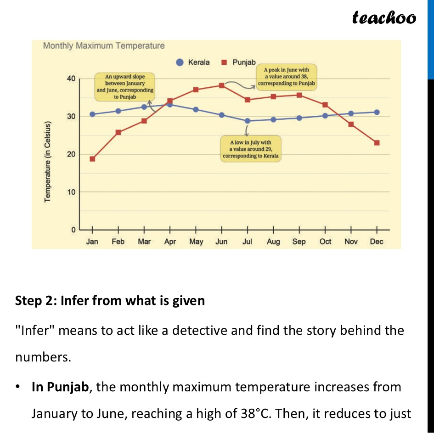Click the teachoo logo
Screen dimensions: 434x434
click(383, 17)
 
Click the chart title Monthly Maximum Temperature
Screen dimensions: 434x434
click(103, 46)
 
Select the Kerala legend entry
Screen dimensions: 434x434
click(194, 62)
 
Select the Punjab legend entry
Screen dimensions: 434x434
click(239, 62)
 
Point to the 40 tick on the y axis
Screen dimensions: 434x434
click(71, 79)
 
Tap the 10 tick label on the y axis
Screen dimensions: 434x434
click(71, 192)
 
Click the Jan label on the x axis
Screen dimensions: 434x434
click(92, 242)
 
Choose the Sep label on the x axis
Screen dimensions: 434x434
click(299, 242)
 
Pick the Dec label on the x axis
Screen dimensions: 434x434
click(377, 242)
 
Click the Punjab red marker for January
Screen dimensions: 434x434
click(92, 159)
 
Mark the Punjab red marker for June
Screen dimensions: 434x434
click(221, 85)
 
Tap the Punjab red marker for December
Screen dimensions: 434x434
click(377, 143)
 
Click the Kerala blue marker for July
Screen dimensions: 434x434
click(248, 121)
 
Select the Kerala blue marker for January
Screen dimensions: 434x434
click(92, 114)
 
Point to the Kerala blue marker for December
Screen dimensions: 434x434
click(377, 112)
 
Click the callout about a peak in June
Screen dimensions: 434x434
click(286, 77)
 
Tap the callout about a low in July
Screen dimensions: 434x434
click(251, 149)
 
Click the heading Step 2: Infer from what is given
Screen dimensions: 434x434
click(110, 301)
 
